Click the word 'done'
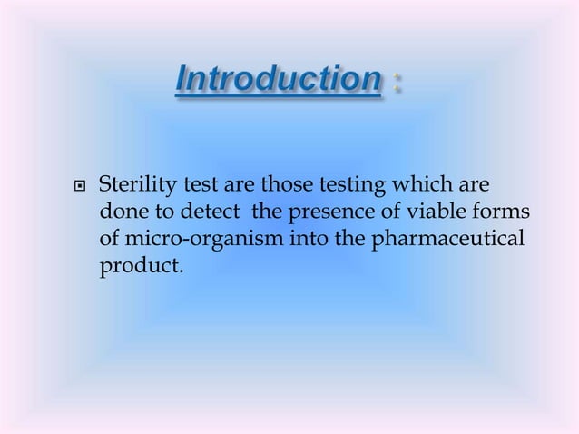point(117,214)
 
